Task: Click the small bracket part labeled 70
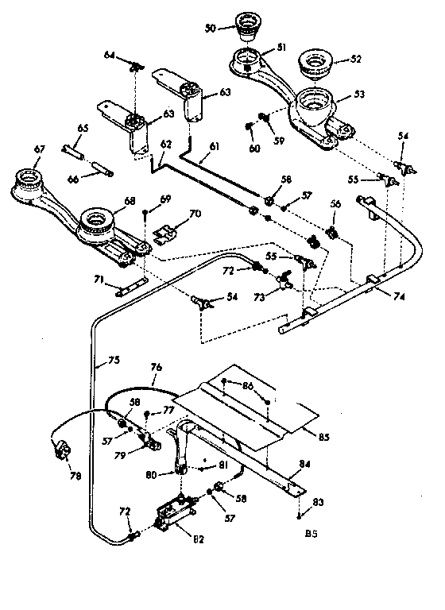(x=166, y=234)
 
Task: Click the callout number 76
(x=156, y=367)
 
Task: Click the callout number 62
(x=165, y=146)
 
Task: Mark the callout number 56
(x=335, y=204)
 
